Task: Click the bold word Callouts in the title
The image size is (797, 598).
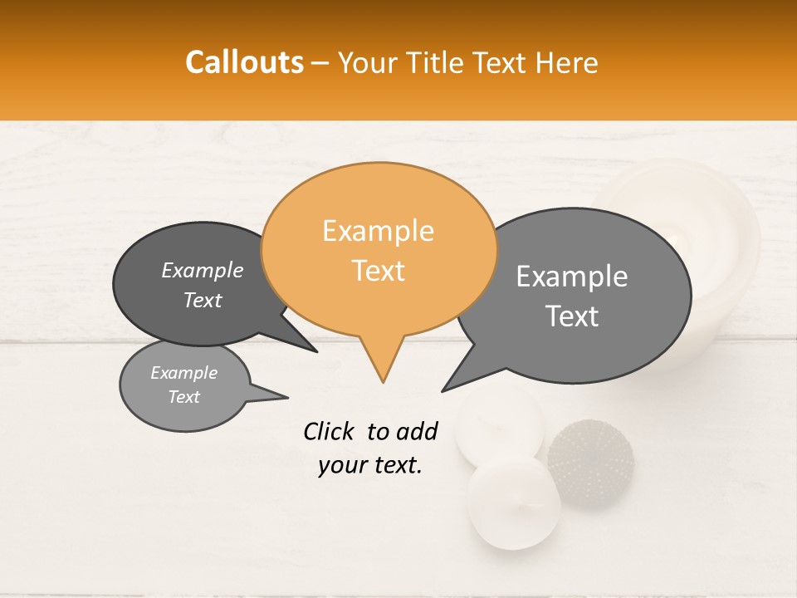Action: click(244, 62)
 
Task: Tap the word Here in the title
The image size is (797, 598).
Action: click(566, 62)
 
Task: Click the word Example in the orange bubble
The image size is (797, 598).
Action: click(378, 231)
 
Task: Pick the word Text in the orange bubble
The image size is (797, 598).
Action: click(379, 271)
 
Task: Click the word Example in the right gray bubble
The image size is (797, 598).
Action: click(572, 277)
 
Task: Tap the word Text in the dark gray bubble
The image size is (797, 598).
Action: click(203, 301)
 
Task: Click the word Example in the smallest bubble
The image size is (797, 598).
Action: click(184, 373)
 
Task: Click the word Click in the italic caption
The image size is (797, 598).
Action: click(329, 431)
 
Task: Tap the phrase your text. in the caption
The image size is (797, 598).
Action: click(370, 465)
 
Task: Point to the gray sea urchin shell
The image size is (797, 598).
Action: click(590, 463)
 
